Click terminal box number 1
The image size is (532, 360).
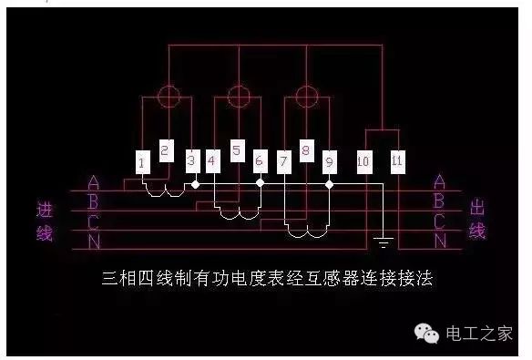[x=142, y=163]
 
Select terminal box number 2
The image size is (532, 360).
[x=165, y=150]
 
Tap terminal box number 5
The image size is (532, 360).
[x=237, y=150]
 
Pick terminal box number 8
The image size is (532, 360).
[x=306, y=150]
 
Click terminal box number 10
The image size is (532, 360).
[x=363, y=162]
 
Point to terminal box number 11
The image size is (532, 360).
[x=396, y=160]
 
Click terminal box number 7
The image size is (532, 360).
[x=284, y=162]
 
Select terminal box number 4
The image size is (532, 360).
[x=212, y=162]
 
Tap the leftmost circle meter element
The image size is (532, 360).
[x=168, y=96]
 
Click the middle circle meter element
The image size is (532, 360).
[x=238, y=95]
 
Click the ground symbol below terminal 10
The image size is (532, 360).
[x=384, y=242]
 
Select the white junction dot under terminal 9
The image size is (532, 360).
[x=330, y=184]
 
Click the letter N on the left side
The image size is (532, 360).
[x=94, y=241]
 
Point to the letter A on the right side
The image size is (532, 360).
[x=440, y=181]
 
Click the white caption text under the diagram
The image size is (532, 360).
[x=265, y=279]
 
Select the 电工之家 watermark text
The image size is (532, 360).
[x=478, y=334]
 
